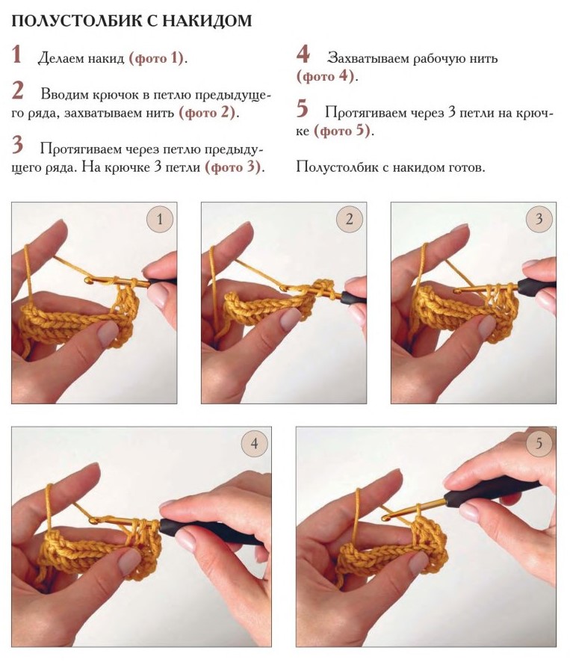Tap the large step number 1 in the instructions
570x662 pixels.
[x=16, y=55]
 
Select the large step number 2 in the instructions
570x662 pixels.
[x=18, y=90]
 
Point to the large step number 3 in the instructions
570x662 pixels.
[x=17, y=144]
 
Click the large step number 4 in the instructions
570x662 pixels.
[x=303, y=54]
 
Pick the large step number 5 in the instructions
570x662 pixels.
[x=303, y=108]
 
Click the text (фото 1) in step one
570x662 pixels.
[x=156, y=58]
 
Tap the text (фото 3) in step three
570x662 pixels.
[x=232, y=167]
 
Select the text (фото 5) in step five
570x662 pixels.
[x=342, y=131]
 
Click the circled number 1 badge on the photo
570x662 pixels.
[x=160, y=219]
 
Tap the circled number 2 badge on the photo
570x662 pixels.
[x=349, y=219]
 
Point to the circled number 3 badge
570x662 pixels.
[x=539, y=219]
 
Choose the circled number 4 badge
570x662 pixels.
[x=254, y=443]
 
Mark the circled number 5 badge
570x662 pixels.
[x=539, y=443]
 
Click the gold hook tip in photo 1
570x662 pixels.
[x=88, y=279]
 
